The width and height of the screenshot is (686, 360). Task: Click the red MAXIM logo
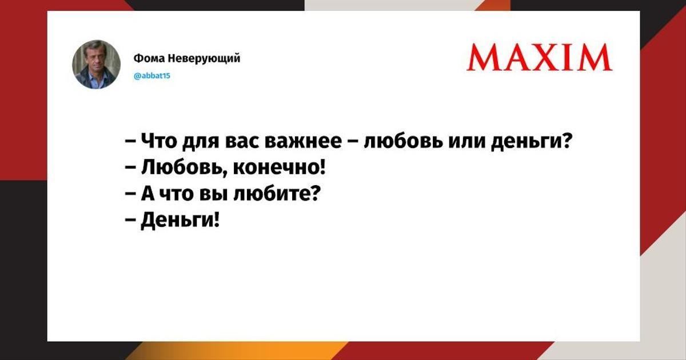pyautogui.click(x=540, y=57)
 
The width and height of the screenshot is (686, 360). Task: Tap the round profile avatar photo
pyautogui.click(x=96, y=64)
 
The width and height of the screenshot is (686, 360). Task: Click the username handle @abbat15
pyautogui.click(x=152, y=76)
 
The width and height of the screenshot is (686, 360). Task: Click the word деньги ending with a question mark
pyautogui.click(x=531, y=142)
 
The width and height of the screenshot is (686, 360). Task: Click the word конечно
pyautogui.click(x=278, y=168)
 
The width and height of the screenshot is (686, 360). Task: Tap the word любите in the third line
pyautogui.click(x=277, y=194)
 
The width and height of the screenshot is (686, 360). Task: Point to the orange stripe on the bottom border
pyautogui.click(x=239, y=351)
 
